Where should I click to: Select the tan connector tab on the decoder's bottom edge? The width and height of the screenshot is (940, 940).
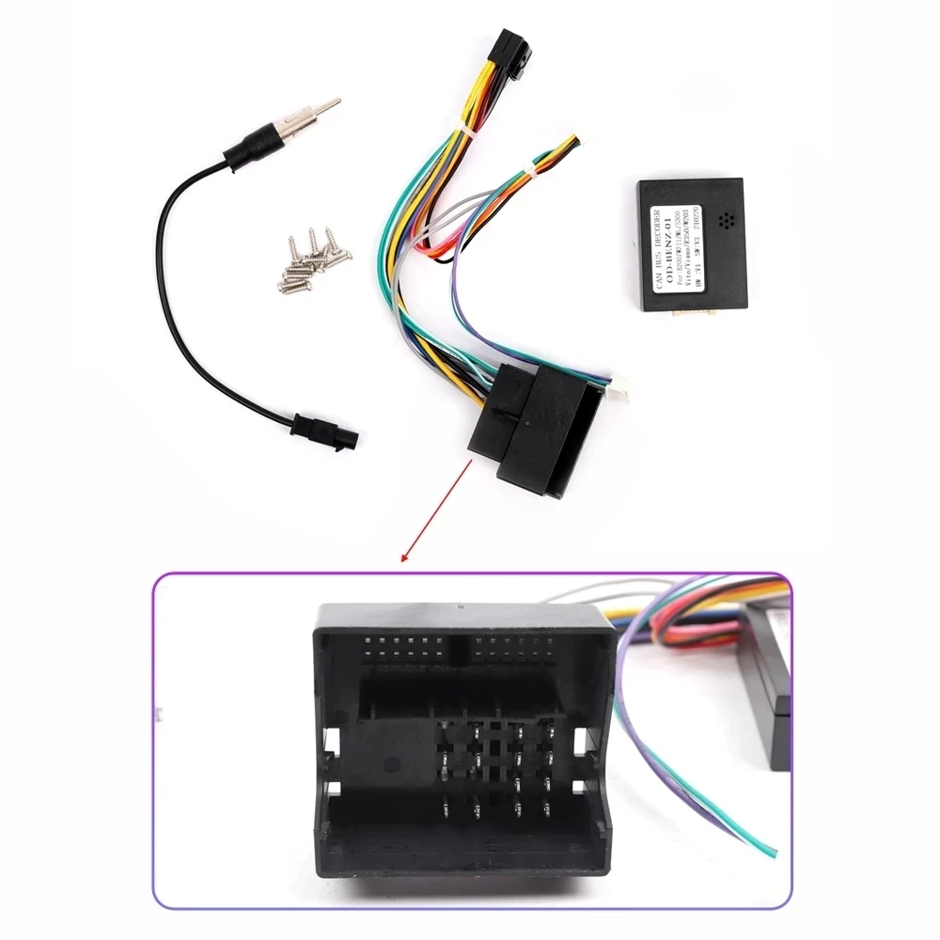point(689,311)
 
